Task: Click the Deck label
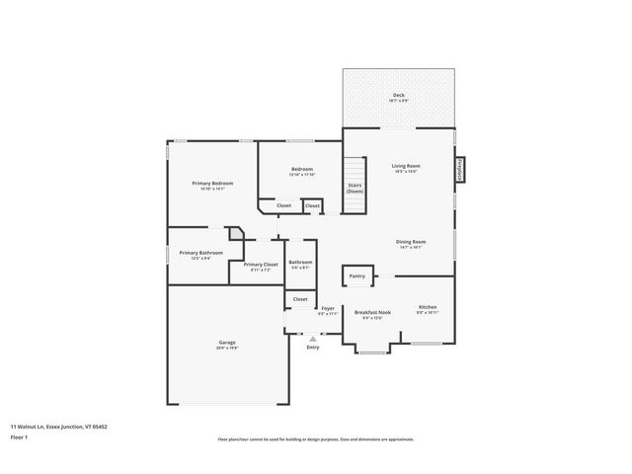point(398,95)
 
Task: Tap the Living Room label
point(406,166)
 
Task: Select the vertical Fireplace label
point(460,170)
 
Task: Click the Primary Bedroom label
point(212,184)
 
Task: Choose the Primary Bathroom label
point(200,253)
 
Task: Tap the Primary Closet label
point(261,264)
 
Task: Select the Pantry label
point(356,276)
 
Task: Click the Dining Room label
point(410,242)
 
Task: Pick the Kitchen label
point(428,307)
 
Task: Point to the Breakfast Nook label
point(372,312)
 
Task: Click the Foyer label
point(328,308)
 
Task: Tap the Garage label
point(227,342)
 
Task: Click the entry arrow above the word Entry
point(313,338)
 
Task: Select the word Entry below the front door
point(313,347)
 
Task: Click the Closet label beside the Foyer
point(300,298)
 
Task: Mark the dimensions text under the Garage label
point(227,348)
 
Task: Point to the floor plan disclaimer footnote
point(316,439)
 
